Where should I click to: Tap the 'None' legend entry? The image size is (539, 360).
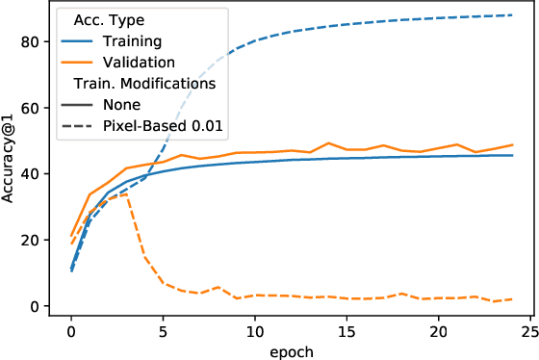pyautogui.click(x=120, y=105)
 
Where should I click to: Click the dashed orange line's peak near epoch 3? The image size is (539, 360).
pyautogui.click(x=126, y=193)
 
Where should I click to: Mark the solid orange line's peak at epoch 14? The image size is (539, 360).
pyautogui.click(x=328, y=143)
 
